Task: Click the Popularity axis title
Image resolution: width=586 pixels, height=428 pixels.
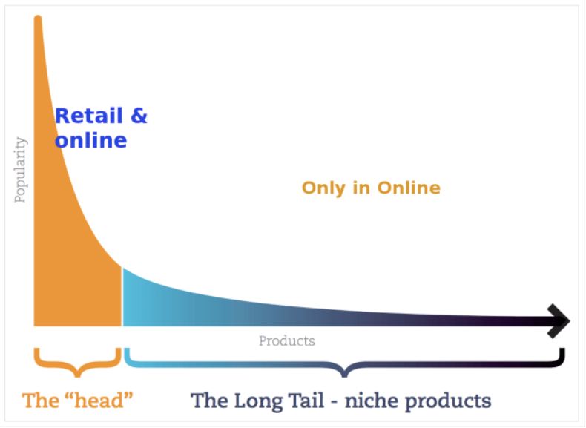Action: tap(21, 170)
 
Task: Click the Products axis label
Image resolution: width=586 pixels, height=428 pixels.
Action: tap(287, 341)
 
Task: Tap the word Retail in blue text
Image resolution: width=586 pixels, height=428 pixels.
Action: tap(89, 116)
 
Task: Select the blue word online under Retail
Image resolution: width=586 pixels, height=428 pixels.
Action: tap(90, 140)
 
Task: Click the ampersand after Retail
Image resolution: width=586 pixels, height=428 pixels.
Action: tap(139, 116)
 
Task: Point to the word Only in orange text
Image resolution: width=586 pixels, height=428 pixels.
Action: tap(323, 188)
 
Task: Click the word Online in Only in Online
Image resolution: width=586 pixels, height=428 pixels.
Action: tap(409, 188)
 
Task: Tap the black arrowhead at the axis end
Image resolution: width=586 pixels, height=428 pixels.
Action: tap(559, 321)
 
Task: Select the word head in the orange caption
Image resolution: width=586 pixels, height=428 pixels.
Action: tap(99, 401)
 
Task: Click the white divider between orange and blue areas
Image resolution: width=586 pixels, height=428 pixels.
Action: tap(122, 297)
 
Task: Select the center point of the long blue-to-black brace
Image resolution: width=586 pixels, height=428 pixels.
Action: tap(345, 374)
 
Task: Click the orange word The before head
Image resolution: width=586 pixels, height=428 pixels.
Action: tap(41, 401)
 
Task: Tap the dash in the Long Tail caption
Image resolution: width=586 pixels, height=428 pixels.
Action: tap(334, 402)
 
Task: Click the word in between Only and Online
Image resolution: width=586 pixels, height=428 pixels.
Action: tap(361, 188)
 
